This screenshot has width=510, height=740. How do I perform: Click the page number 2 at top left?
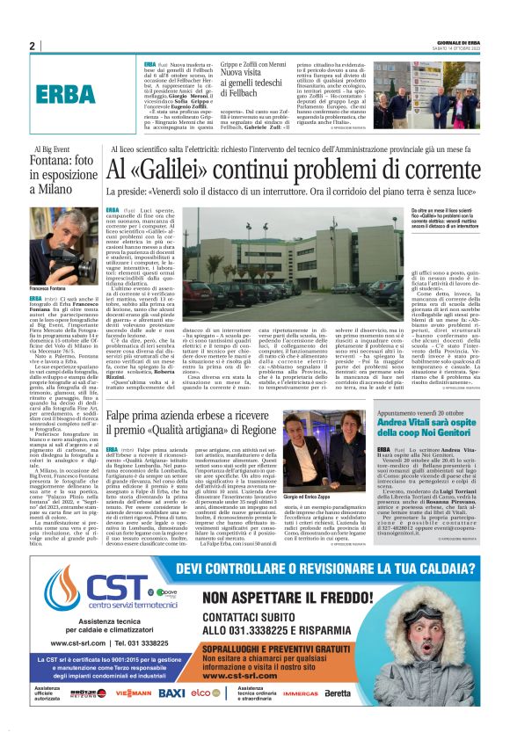point(33,46)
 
